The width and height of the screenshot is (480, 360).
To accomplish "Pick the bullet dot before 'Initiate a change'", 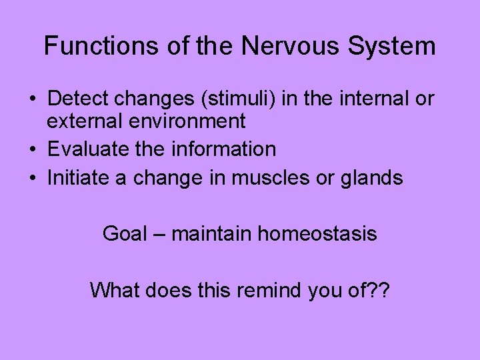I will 32,178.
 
